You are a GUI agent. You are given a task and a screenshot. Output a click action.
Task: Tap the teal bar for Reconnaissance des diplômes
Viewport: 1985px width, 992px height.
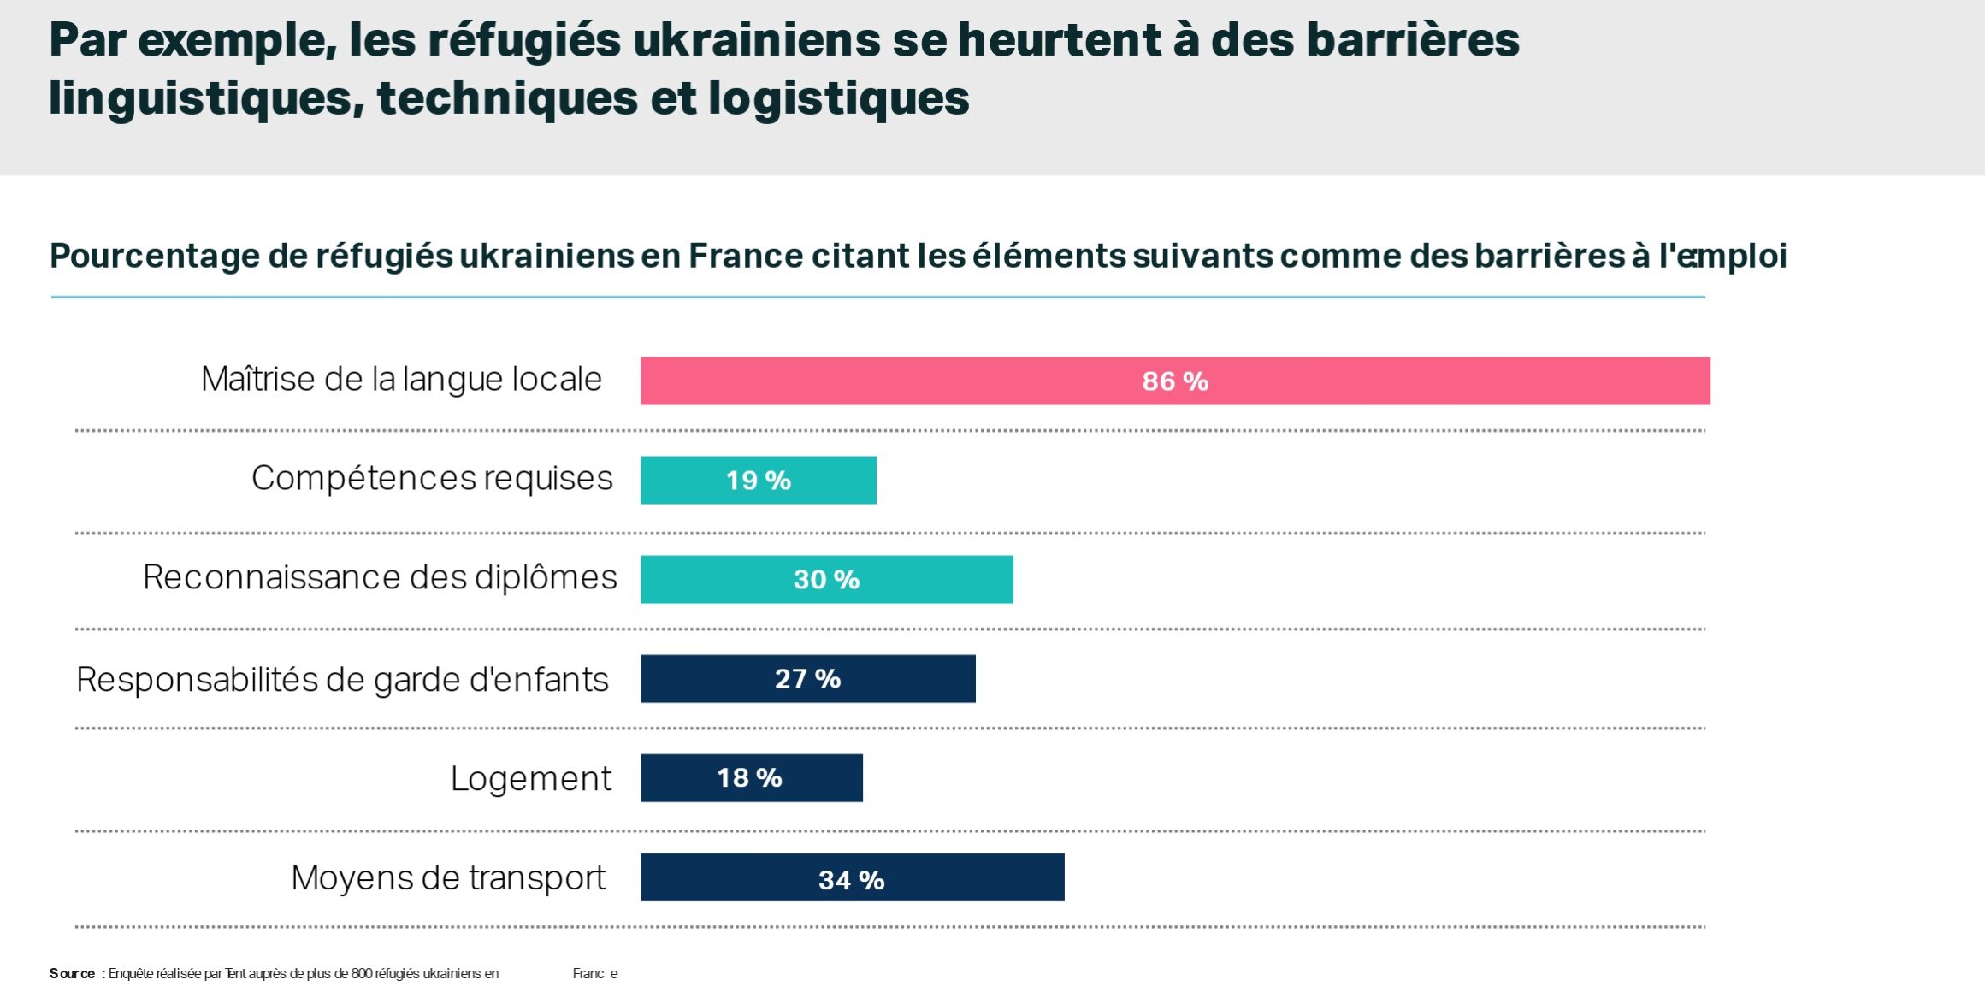pyautogui.click(x=941, y=579)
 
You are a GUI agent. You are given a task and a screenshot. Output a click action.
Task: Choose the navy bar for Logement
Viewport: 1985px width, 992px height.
pyautogui.click(x=821, y=777)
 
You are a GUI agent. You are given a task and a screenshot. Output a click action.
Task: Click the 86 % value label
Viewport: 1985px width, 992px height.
pyautogui.click(x=1175, y=381)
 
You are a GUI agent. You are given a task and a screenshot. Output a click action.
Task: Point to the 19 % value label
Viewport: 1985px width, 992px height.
pyautogui.click(x=758, y=481)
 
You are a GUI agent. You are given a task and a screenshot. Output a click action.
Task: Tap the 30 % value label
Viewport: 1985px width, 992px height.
pyautogui.click(x=826, y=580)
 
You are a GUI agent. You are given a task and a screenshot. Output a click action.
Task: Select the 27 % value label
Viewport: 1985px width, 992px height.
pyautogui.click(x=807, y=679)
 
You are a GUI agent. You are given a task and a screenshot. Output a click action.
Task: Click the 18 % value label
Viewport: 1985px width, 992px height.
pyautogui.click(x=749, y=778)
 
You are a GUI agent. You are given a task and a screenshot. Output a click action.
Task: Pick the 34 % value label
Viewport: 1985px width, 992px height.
pyautogui.click(x=851, y=880)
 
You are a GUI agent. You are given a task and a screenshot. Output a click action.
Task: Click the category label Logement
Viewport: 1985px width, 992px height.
pyautogui.click(x=530, y=778)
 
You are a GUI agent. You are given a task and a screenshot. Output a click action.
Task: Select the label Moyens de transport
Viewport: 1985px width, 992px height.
pyautogui.click(x=448, y=877)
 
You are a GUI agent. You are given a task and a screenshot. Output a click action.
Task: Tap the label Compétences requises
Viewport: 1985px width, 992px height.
pyautogui.click(x=432, y=478)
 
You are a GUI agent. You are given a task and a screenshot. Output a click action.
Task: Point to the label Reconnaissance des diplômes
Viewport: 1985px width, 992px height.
pyautogui.click(x=380, y=577)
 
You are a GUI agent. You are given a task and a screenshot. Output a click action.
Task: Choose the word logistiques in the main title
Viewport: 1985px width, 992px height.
pyautogui.click(x=838, y=97)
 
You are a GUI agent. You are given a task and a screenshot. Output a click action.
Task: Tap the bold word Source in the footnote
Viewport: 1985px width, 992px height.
pyautogui.click(x=72, y=973)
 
